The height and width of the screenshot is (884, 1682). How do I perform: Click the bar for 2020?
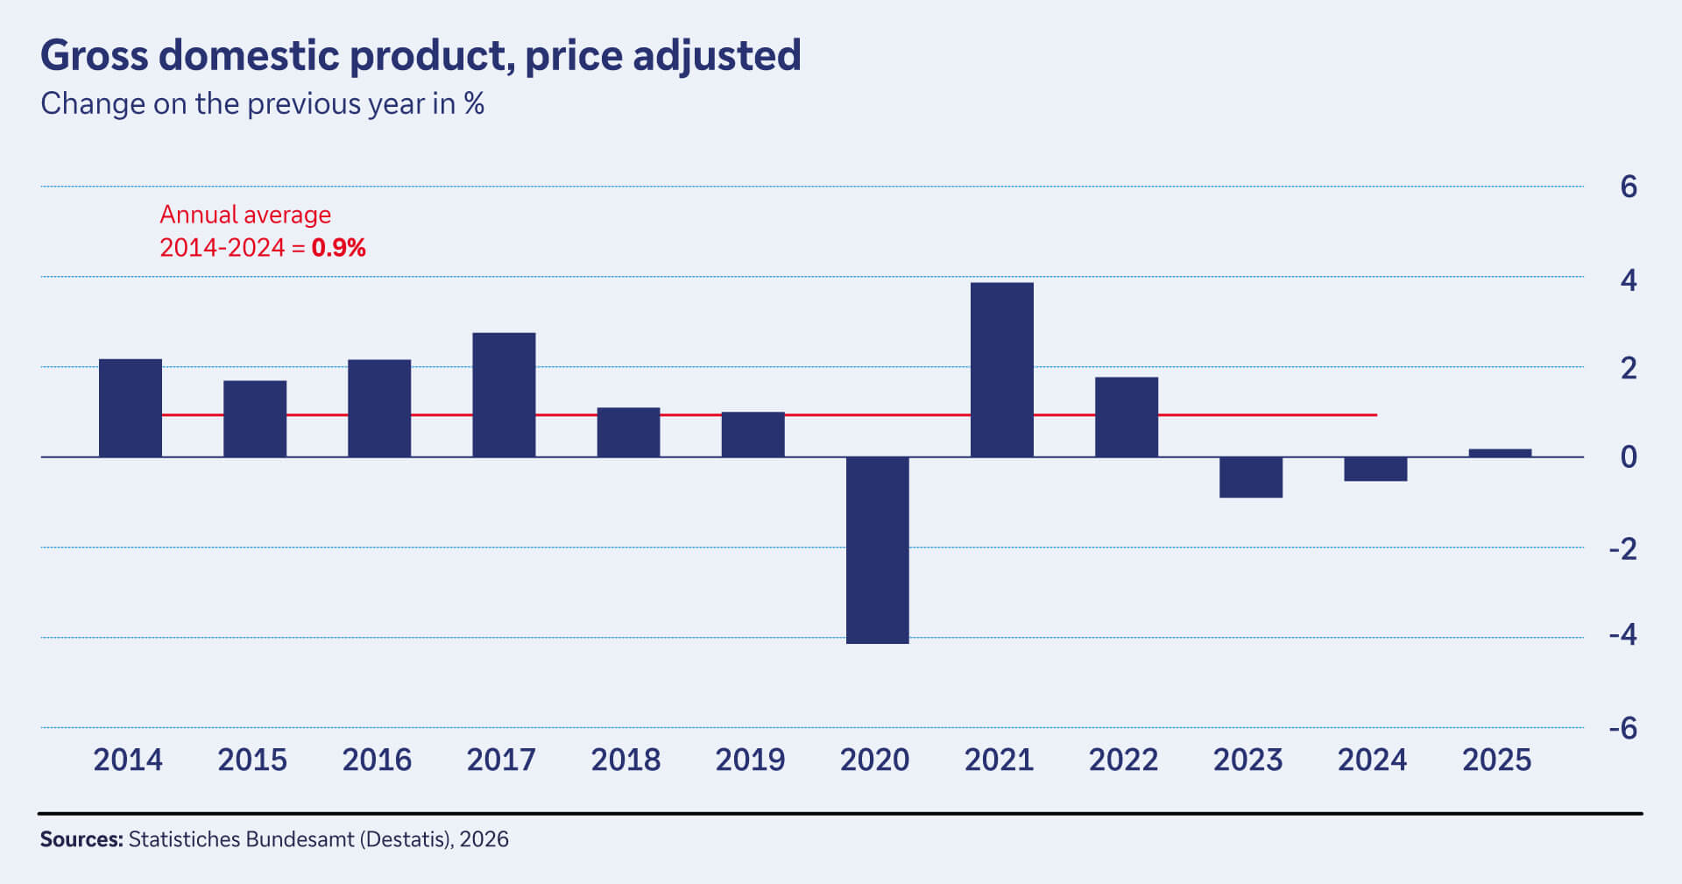coord(877,550)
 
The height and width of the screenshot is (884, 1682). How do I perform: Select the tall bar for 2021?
coord(1001,369)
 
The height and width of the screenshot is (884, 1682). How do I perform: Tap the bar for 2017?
coord(504,394)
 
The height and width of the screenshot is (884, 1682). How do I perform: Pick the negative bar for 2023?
coord(1250,477)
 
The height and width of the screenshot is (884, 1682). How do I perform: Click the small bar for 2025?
coord(1500,453)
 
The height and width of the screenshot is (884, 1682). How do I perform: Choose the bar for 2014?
coord(130,407)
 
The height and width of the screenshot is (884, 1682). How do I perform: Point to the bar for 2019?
coord(753,434)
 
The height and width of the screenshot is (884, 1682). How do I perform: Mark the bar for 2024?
coord(1375,469)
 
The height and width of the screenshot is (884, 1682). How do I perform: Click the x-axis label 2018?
coord(625,760)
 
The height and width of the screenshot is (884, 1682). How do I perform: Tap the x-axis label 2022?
coord(1123,760)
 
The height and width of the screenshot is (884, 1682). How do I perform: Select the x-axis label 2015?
coord(252,760)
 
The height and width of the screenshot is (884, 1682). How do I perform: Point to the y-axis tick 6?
coord(1628,187)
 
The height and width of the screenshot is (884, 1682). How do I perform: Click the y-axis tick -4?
coord(1622,634)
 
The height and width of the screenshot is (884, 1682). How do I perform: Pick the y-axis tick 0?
coord(1628,456)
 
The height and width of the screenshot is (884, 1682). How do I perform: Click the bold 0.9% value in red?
coord(338,248)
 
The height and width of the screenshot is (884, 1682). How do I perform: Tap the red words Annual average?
coord(245,215)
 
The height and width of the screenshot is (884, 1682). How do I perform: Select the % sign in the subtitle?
coord(474,103)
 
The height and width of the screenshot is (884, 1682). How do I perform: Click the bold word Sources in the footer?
coord(81,839)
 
